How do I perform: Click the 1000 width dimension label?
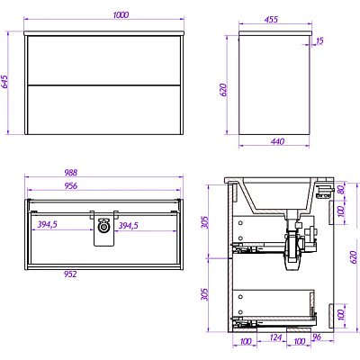pos(121,14)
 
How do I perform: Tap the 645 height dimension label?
pos(5,81)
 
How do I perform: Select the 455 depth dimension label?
pos(271,20)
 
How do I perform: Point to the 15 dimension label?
pos(319,40)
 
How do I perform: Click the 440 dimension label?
pos(277,141)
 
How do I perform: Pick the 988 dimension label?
pos(71,173)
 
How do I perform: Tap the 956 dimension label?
pos(71,186)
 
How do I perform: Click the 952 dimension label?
pos(70,274)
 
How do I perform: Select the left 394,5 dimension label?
pos(47,224)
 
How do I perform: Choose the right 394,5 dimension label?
pos(128,226)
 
